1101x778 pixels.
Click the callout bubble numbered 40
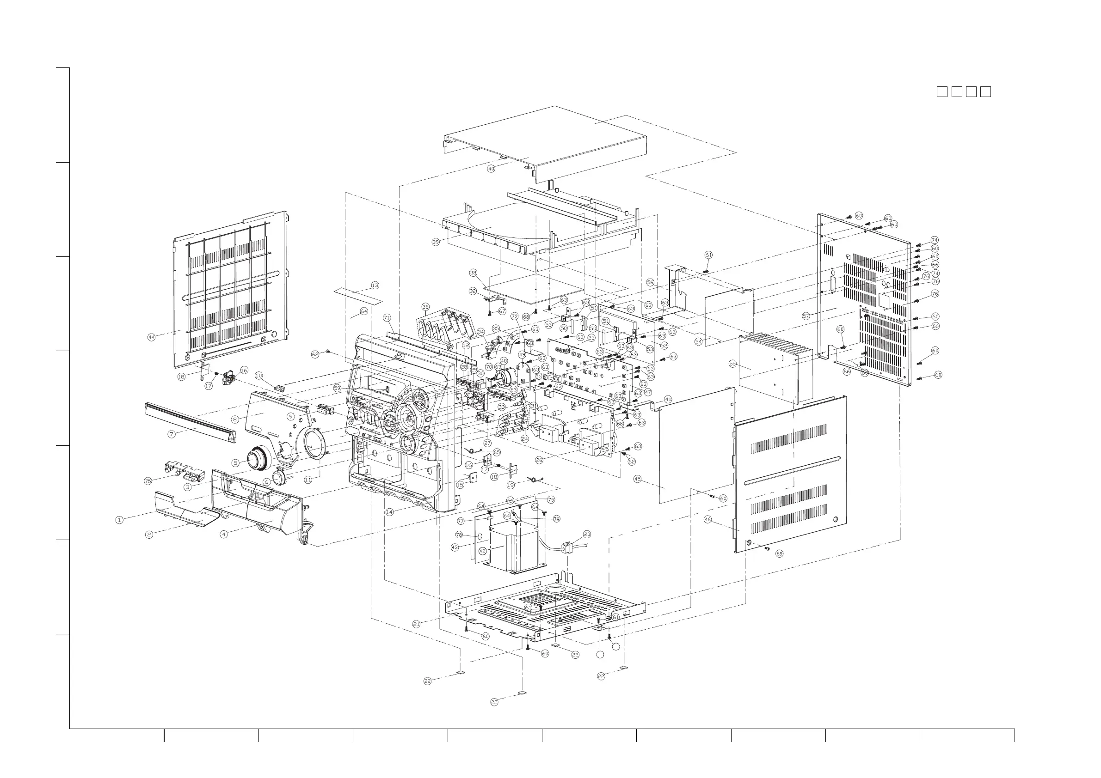pyautogui.click(x=491, y=169)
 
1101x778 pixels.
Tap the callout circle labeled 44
pyautogui.click(x=152, y=337)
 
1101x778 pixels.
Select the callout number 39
pyautogui.click(x=436, y=242)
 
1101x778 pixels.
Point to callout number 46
pyautogui.click(x=707, y=519)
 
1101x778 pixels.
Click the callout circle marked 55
pyautogui.click(x=732, y=364)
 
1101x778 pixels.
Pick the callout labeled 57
pyautogui.click(x=806, y=316)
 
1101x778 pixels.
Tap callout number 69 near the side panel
pyautogui.click(x=779, y=553)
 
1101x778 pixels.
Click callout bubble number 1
pyautogui.click(x=119, y=520)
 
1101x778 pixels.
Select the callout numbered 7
pyautogui.click(x=172, y=435)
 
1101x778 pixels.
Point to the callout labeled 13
pyautogui.click(x=375, y=285)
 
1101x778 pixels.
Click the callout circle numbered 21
pyautogui.click(x=416, y=624)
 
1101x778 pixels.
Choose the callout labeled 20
pyautogui.click(x=587, y=534)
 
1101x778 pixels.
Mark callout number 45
pyautogui.click(x=637, y=479)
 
